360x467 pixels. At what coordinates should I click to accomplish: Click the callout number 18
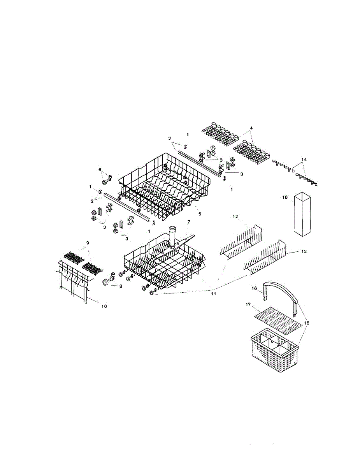285,198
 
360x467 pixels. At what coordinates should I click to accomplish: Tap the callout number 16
255,289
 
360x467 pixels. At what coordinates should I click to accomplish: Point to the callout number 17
248,305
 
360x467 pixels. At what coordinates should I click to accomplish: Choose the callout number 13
304,252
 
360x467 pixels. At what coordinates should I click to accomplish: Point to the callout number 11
213,294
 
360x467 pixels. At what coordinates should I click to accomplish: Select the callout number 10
104,306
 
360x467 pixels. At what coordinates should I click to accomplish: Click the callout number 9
88,243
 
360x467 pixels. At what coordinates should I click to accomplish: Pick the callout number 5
200,214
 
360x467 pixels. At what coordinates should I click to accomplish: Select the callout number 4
251,128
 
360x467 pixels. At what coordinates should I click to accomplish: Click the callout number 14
304,160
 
